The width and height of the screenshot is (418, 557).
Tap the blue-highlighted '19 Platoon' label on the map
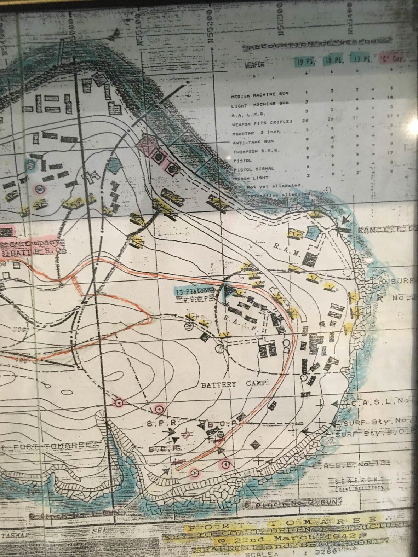195,291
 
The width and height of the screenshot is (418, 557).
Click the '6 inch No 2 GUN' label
293,503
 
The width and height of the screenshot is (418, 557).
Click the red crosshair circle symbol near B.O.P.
187,434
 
